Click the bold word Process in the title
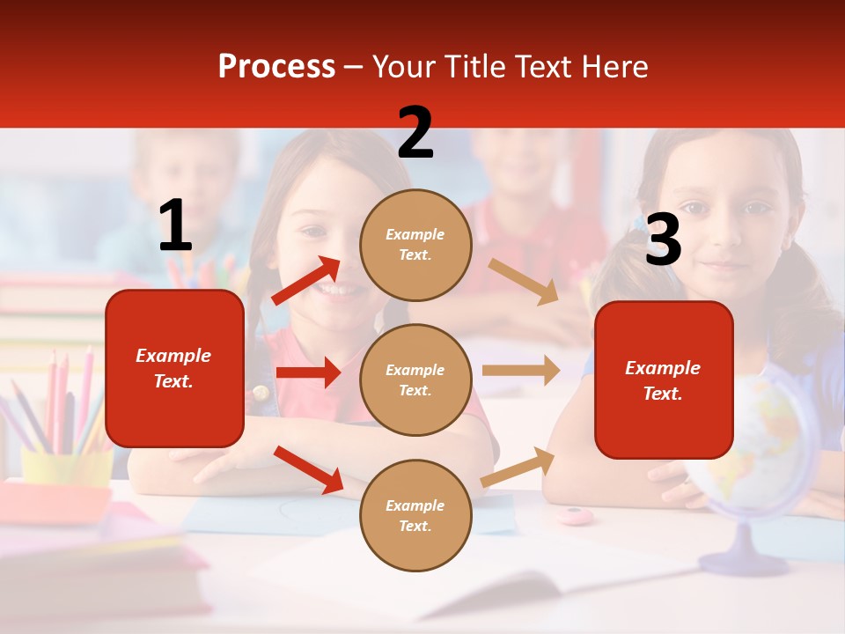click(x=276, y=66)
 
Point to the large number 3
click(x=663, y=240)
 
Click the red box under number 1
click(x=174, y=368)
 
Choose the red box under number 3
click(x=664, y=380)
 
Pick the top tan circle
click(x=415, y=244)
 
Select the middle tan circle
click(x=415, y=380)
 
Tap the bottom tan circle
click(x=415, y=515)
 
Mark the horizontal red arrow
click(x=308, y=372)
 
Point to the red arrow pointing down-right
click(x=308, y=469)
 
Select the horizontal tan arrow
click(x=521, y=371)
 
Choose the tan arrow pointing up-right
click(x=518, y=467)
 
